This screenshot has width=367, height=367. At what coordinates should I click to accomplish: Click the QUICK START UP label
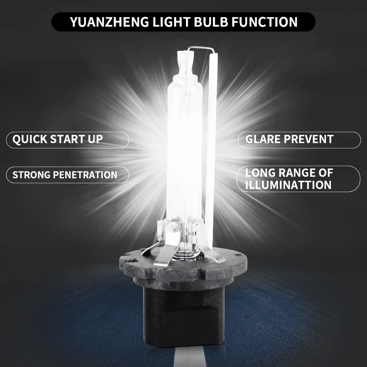pyautogui.click(x=58, y=139)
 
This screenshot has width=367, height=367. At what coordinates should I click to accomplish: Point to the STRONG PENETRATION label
pyautogui.click(x=65, y=175)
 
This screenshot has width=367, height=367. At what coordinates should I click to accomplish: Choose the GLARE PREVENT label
pyautogui.click(x=289, y=139)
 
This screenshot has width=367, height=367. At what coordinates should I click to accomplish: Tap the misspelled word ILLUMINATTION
pyautogui.click(x=288, y=185)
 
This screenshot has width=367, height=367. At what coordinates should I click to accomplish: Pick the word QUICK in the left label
pyautogui.click(x=30, y=139)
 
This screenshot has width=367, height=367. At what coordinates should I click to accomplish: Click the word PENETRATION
pyautogui.click(x=85, y=175)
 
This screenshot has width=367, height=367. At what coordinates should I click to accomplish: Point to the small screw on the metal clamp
pyautogui.click(x=174, y=228)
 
